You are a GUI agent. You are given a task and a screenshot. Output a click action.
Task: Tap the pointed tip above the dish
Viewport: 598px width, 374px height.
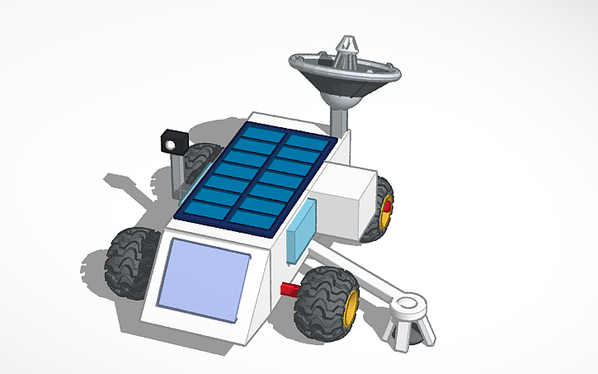coord(347,41)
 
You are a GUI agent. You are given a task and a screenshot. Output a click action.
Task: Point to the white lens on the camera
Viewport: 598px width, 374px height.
coord(171,145)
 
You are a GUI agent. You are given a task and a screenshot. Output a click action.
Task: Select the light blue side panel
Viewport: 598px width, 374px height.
coord(301,230)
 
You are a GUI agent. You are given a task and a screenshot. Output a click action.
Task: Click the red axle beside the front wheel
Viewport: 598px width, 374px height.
coord(291,288)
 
